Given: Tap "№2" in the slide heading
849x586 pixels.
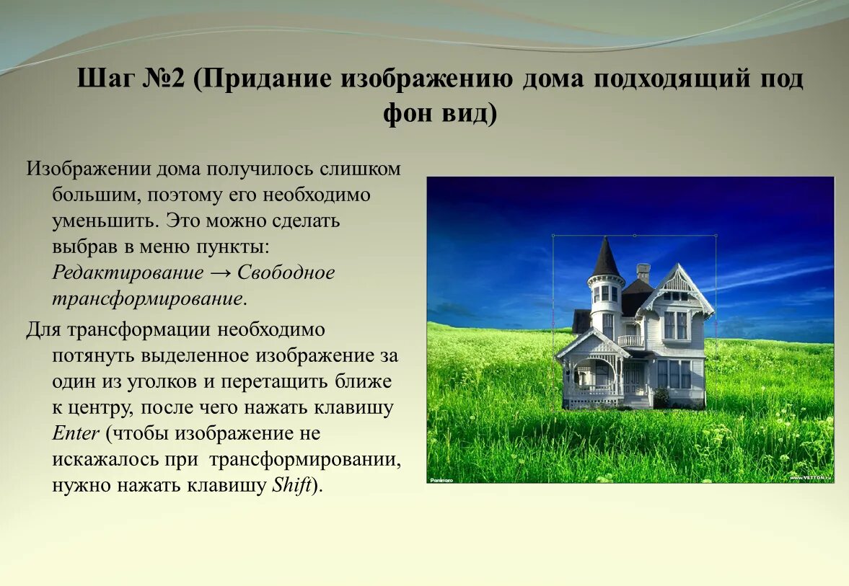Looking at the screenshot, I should click(x=165, y=79).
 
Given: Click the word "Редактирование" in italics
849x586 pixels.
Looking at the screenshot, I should click(x=128, y=273).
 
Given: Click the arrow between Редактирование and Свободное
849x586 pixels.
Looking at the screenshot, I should click(x=220, y=273).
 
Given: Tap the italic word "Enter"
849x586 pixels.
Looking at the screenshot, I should click(x=75, y=434).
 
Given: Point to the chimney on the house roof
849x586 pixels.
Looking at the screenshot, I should click(x=643, y=272).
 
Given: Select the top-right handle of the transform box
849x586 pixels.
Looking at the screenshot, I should click(x=716, y=236).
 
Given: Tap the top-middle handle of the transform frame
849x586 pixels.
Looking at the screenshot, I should click(x=634, y=236).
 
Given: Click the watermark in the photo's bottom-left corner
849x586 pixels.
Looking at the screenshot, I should click(x=441, y=479).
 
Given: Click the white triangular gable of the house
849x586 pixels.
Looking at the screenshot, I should click(x=677, y=282).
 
